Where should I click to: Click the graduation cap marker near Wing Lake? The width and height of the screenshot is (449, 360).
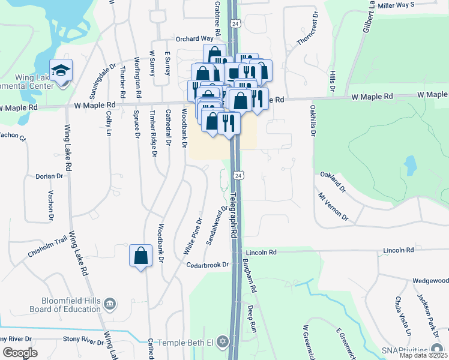(x=61, y=71)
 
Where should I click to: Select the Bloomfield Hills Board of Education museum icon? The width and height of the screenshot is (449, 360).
(x=110, y=304)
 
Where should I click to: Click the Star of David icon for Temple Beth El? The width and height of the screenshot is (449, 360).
(x=223, y=343)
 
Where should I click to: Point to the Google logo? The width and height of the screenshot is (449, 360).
(x=20, y=352)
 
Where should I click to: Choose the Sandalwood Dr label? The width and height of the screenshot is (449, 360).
(x=217, y=226)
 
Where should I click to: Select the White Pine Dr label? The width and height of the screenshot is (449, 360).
(x=193, y=236)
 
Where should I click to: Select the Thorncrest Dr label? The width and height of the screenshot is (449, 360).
(x=306, y=31)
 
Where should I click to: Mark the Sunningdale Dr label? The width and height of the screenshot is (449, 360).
(x=103, y=82)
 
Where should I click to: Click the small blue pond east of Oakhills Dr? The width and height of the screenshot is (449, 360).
(x=410, y=163)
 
